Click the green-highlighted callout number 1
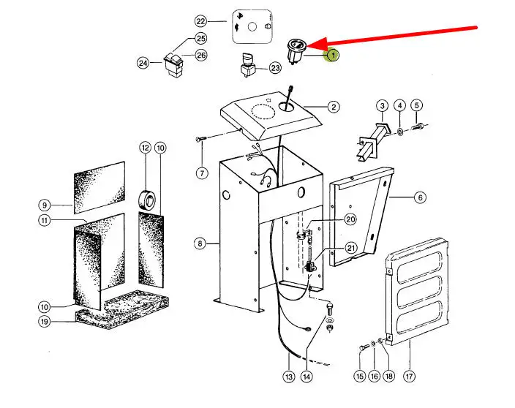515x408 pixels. point(332,55)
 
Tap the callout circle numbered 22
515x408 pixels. point(200,21)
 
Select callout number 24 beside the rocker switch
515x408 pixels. point(143,63)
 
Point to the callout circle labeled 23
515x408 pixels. point(275,68)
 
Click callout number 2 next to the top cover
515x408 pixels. point(334,107)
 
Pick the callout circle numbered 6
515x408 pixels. point(420,197)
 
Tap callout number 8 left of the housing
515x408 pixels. point(200,243)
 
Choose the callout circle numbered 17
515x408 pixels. point(408,376)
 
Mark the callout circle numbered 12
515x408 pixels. point(145,148)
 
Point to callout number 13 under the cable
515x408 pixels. point(288,376)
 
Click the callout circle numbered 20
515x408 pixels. point(350,219)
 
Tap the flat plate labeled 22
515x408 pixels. point(251,26)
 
